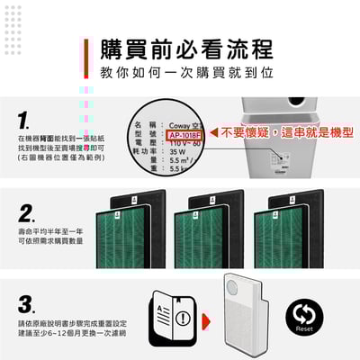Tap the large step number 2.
[x=27, y=214]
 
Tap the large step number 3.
[x=27, y=303]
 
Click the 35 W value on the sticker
[x=175, y=152]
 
